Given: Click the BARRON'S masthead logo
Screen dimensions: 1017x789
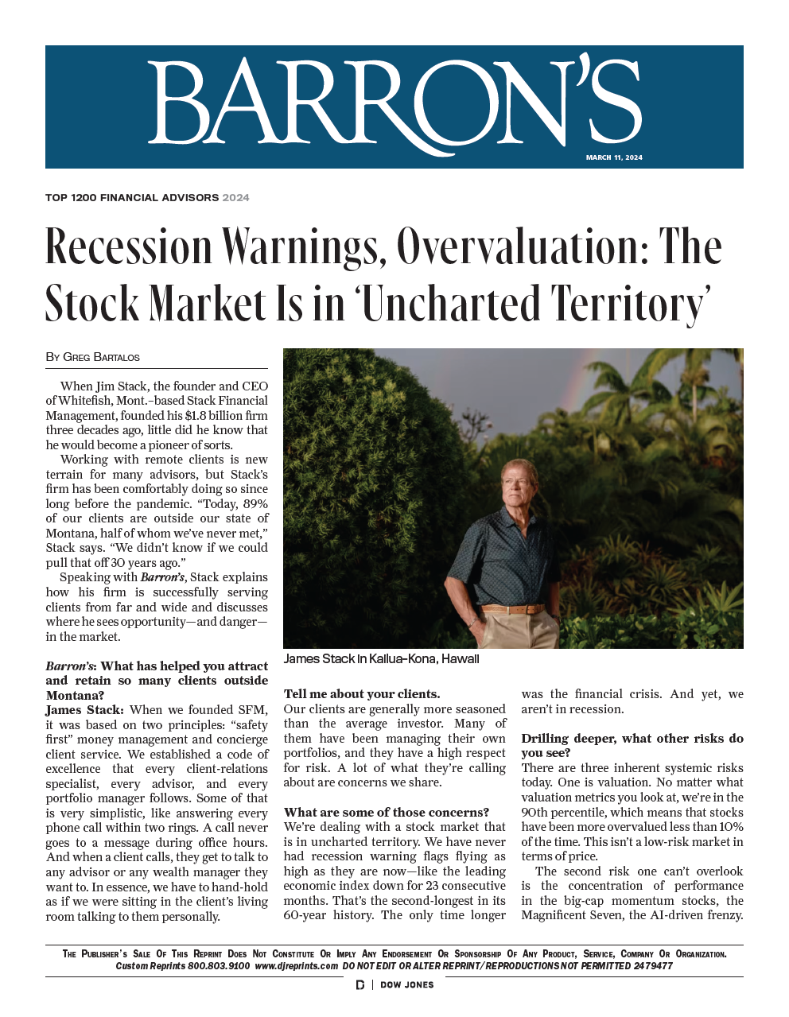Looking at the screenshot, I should click(x=394, y=103).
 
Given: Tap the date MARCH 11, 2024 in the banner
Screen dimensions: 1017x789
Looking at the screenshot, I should click(x=614, y=157).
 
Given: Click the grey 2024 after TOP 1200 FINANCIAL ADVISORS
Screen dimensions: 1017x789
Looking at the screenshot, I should click(x=235, y=197).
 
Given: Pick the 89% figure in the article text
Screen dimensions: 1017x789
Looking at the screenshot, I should click(x=255, y=504).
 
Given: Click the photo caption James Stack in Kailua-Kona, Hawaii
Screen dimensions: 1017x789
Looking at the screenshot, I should click(x=381, y=658).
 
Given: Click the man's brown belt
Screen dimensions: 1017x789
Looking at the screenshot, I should click(x=512, y=609).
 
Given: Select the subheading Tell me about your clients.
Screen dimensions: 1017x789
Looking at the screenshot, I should click(x=361, y=694).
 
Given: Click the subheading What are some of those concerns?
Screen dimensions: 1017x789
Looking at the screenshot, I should click(x=386, y=812).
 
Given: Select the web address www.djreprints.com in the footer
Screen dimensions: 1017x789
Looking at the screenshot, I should click(x=297, y=966).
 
